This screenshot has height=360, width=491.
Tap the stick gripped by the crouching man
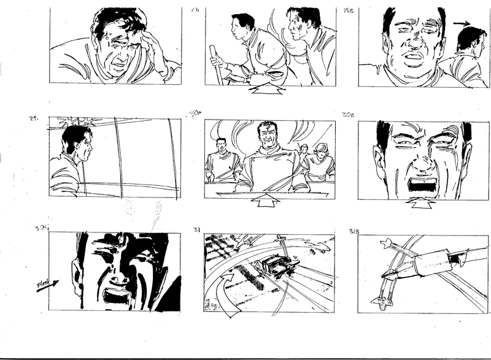215,64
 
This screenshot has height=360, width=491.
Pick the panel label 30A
196,113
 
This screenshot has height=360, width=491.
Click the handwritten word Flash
43,285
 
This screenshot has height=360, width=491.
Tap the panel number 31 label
196,229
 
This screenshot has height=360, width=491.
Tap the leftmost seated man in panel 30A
220,161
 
